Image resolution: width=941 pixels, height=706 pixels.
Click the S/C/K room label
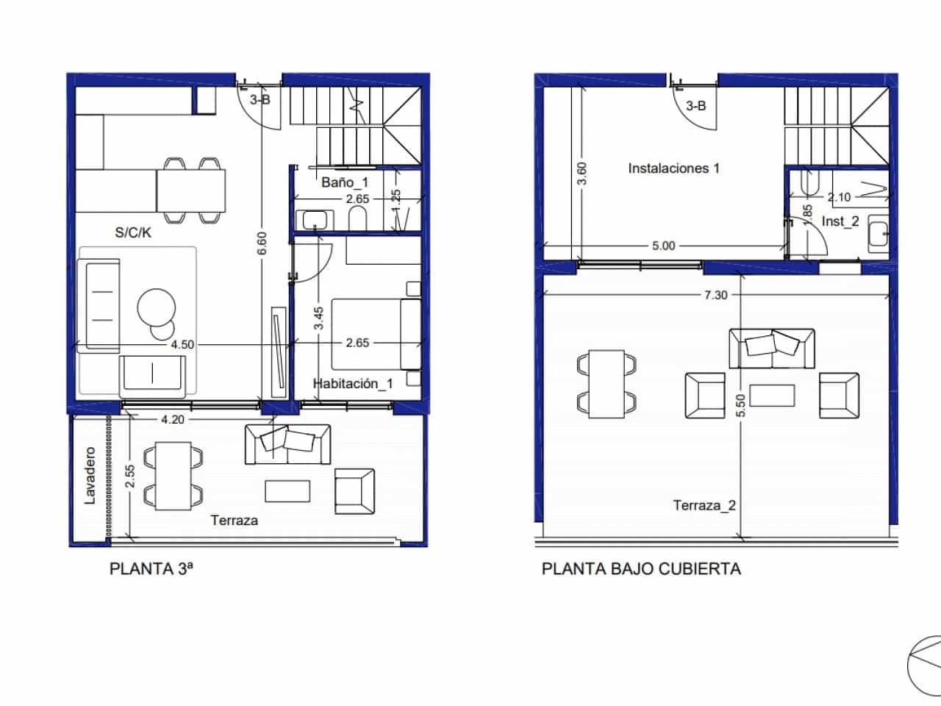coord(133,233)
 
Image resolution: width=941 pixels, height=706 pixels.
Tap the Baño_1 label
coord(345,182)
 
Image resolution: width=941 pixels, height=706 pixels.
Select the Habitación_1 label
coord(353,383)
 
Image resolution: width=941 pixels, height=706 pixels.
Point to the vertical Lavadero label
coord(90,476)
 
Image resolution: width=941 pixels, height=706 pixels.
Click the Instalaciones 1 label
coord(673,168)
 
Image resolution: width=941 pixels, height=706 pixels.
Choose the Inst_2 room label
coord(840,221)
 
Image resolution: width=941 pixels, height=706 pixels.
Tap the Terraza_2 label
coord(704,505)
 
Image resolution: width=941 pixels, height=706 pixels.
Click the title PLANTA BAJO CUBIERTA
coord(641,568)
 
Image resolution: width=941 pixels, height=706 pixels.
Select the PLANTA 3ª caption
coord(151,568)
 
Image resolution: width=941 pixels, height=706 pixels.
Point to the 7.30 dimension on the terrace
coord(715,295)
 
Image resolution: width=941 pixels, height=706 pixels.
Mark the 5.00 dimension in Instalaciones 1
coord(663,246)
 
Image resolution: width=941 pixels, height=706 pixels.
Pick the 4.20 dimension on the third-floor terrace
coord(172,420)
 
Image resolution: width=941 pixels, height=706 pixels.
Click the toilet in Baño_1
coord(358,219)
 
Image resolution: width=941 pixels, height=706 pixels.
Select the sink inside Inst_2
coord(878,233)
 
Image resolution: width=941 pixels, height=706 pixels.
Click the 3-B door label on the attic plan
coord(695,106)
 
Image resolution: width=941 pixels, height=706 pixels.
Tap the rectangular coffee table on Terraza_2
coord(771,396)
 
